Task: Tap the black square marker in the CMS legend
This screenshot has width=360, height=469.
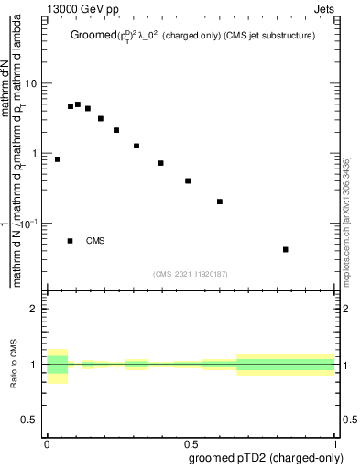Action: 71,241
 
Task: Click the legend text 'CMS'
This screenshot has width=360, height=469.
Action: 95,241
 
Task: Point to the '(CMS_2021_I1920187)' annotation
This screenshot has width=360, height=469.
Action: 191,274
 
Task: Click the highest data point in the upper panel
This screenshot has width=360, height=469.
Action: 78,104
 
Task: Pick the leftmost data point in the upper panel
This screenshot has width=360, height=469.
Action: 58,159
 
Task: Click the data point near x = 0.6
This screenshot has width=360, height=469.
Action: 220,202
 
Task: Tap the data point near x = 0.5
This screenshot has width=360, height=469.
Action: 188,180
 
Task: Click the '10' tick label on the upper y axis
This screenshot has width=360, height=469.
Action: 30,83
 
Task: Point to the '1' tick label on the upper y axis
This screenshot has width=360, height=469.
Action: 34,153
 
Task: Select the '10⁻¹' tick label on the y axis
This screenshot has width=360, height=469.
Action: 29,223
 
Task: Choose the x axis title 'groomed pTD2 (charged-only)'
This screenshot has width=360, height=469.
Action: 266,457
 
